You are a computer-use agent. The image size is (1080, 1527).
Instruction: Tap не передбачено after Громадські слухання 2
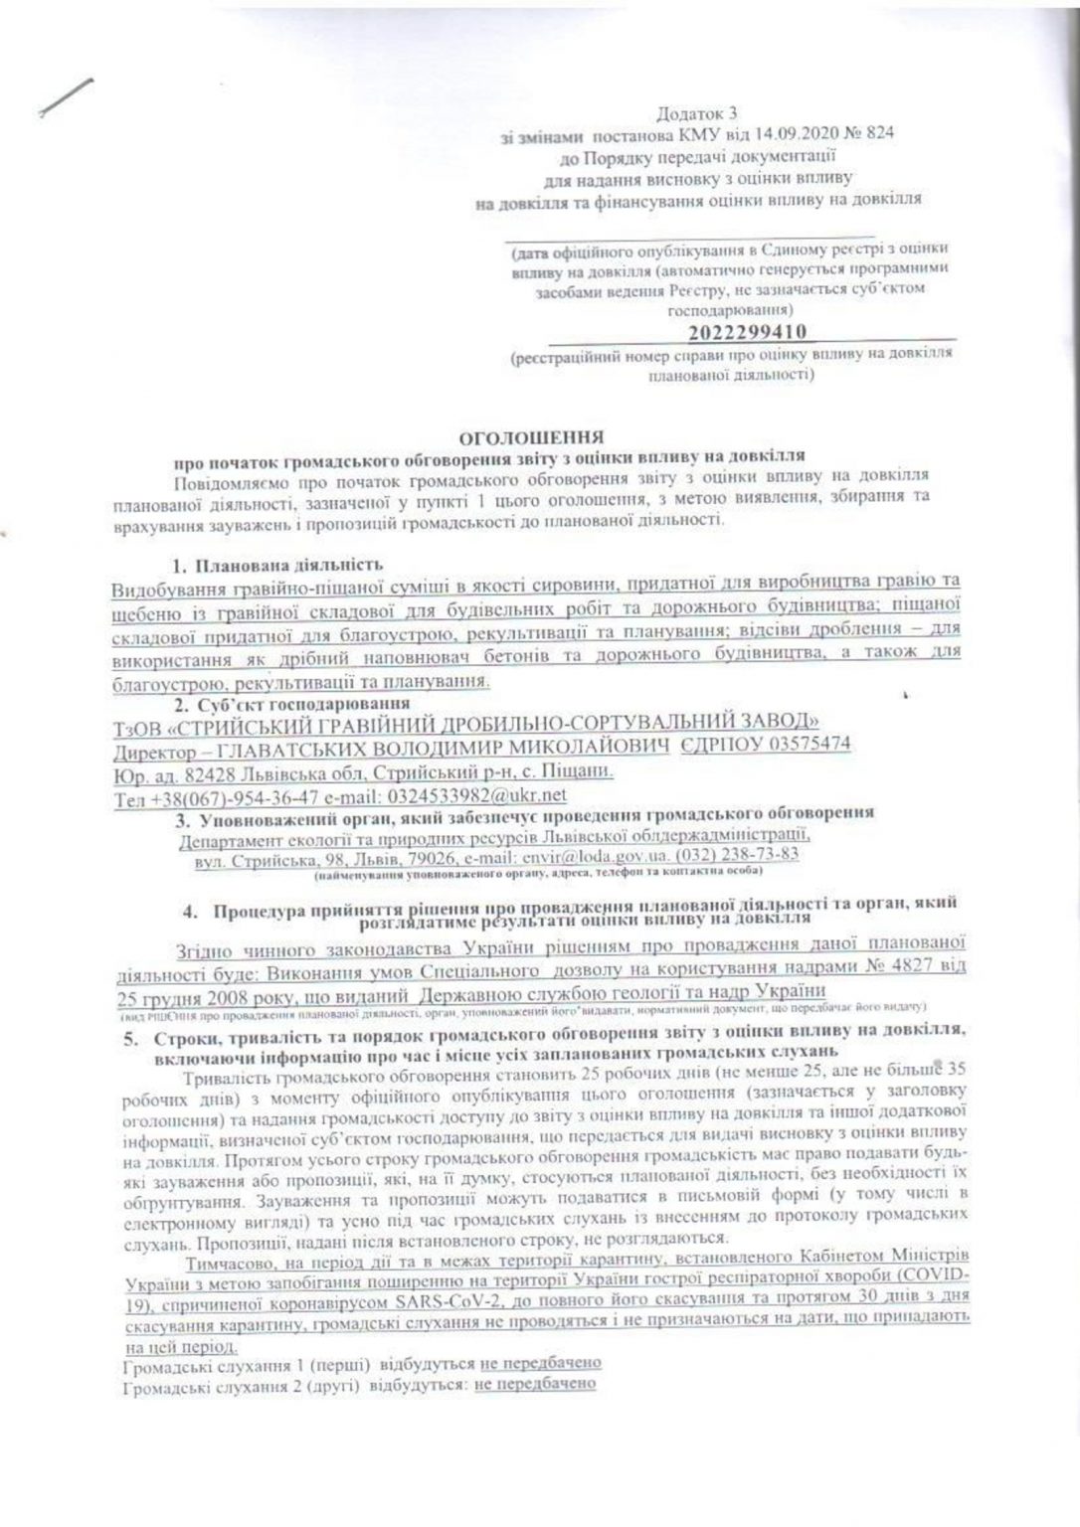click(535, 1383)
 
